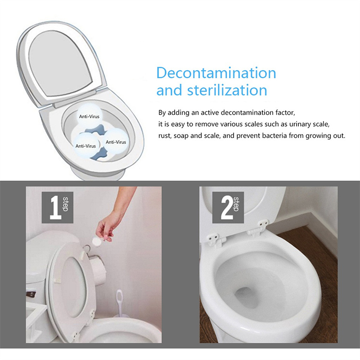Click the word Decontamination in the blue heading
(216, 73)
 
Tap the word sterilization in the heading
(227, 90)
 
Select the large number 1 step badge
(58, 207)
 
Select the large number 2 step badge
(228, 207)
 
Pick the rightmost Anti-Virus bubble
(116, 141)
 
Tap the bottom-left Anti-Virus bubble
(85, 145)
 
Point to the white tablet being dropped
(96, 241)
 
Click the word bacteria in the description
(274, 135)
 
